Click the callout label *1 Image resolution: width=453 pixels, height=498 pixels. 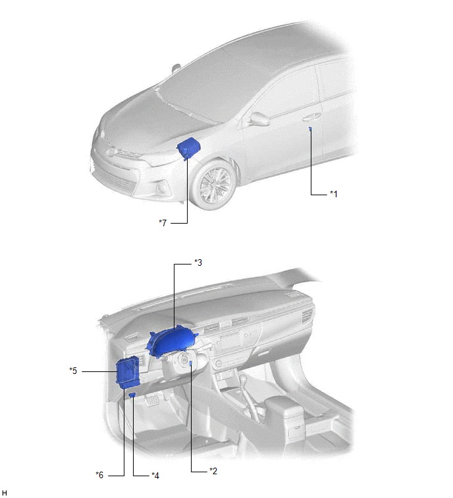[334, 194]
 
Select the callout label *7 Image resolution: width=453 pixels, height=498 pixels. [163, 223]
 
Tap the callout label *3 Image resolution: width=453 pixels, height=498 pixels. [198, 263]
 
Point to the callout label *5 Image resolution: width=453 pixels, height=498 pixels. [73, 371]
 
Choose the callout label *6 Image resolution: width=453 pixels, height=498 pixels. [99, 475]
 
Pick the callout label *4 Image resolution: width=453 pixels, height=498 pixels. [155, 476]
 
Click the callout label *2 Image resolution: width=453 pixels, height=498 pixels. [213, 471]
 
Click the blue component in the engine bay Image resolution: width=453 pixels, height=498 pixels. [188, 148]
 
